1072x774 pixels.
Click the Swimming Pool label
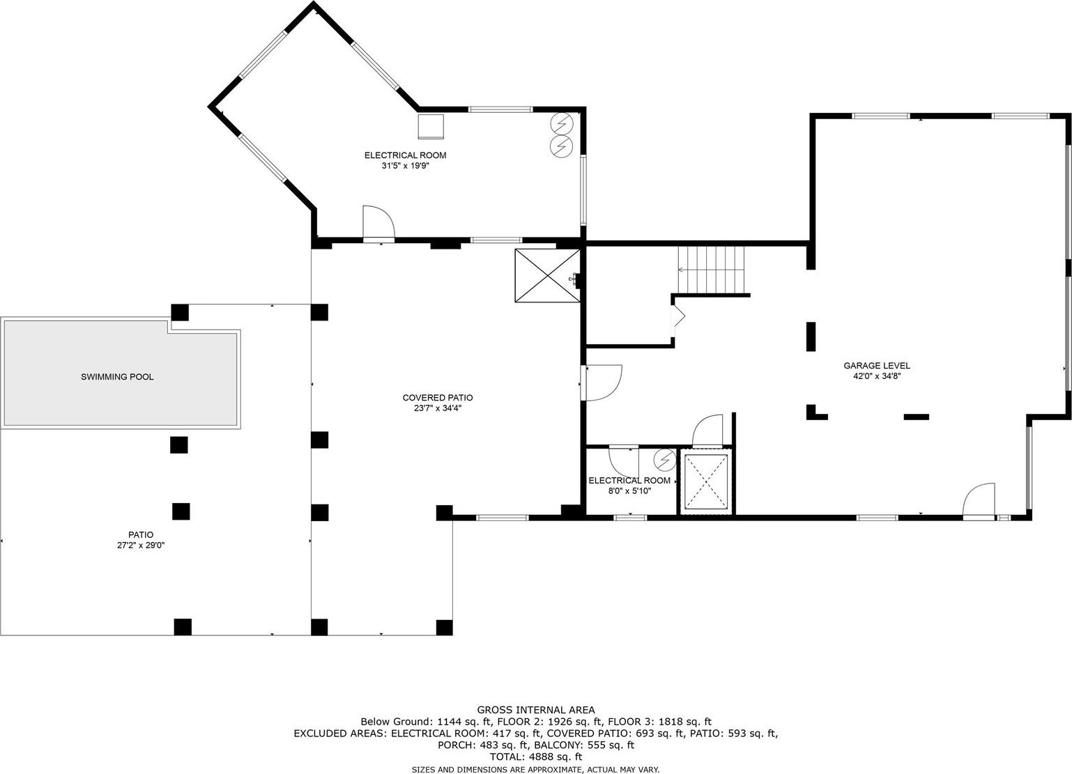point(117,377)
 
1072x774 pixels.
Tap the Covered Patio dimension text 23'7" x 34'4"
point(438,408)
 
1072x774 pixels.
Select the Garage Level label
point(877,366)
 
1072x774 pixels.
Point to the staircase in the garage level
point(711,270)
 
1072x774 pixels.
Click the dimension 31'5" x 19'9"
point(406,166)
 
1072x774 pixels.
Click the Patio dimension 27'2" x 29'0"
point(141,545)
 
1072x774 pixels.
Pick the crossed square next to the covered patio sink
point(547,276)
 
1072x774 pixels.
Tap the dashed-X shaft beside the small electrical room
point(706,481)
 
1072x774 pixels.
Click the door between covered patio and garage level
point(602,382)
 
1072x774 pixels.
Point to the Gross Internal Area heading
point(536,710)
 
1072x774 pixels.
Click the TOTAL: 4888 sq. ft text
point(536,757)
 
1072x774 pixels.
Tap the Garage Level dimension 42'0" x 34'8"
point(877,376)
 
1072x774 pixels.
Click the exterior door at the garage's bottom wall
point(978,502)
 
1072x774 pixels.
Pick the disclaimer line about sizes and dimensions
point(536,769)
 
